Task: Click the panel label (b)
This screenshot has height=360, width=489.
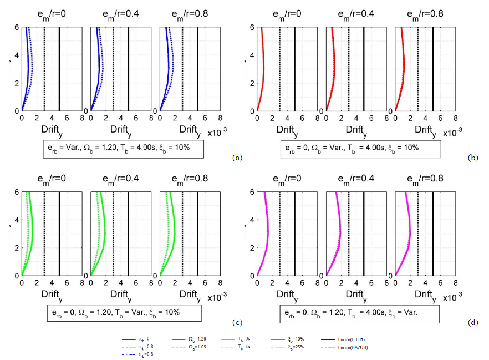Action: pyautogui.click(x=473, y=158)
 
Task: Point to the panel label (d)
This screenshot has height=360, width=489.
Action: pyautogui.click(x=473, y=322)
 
